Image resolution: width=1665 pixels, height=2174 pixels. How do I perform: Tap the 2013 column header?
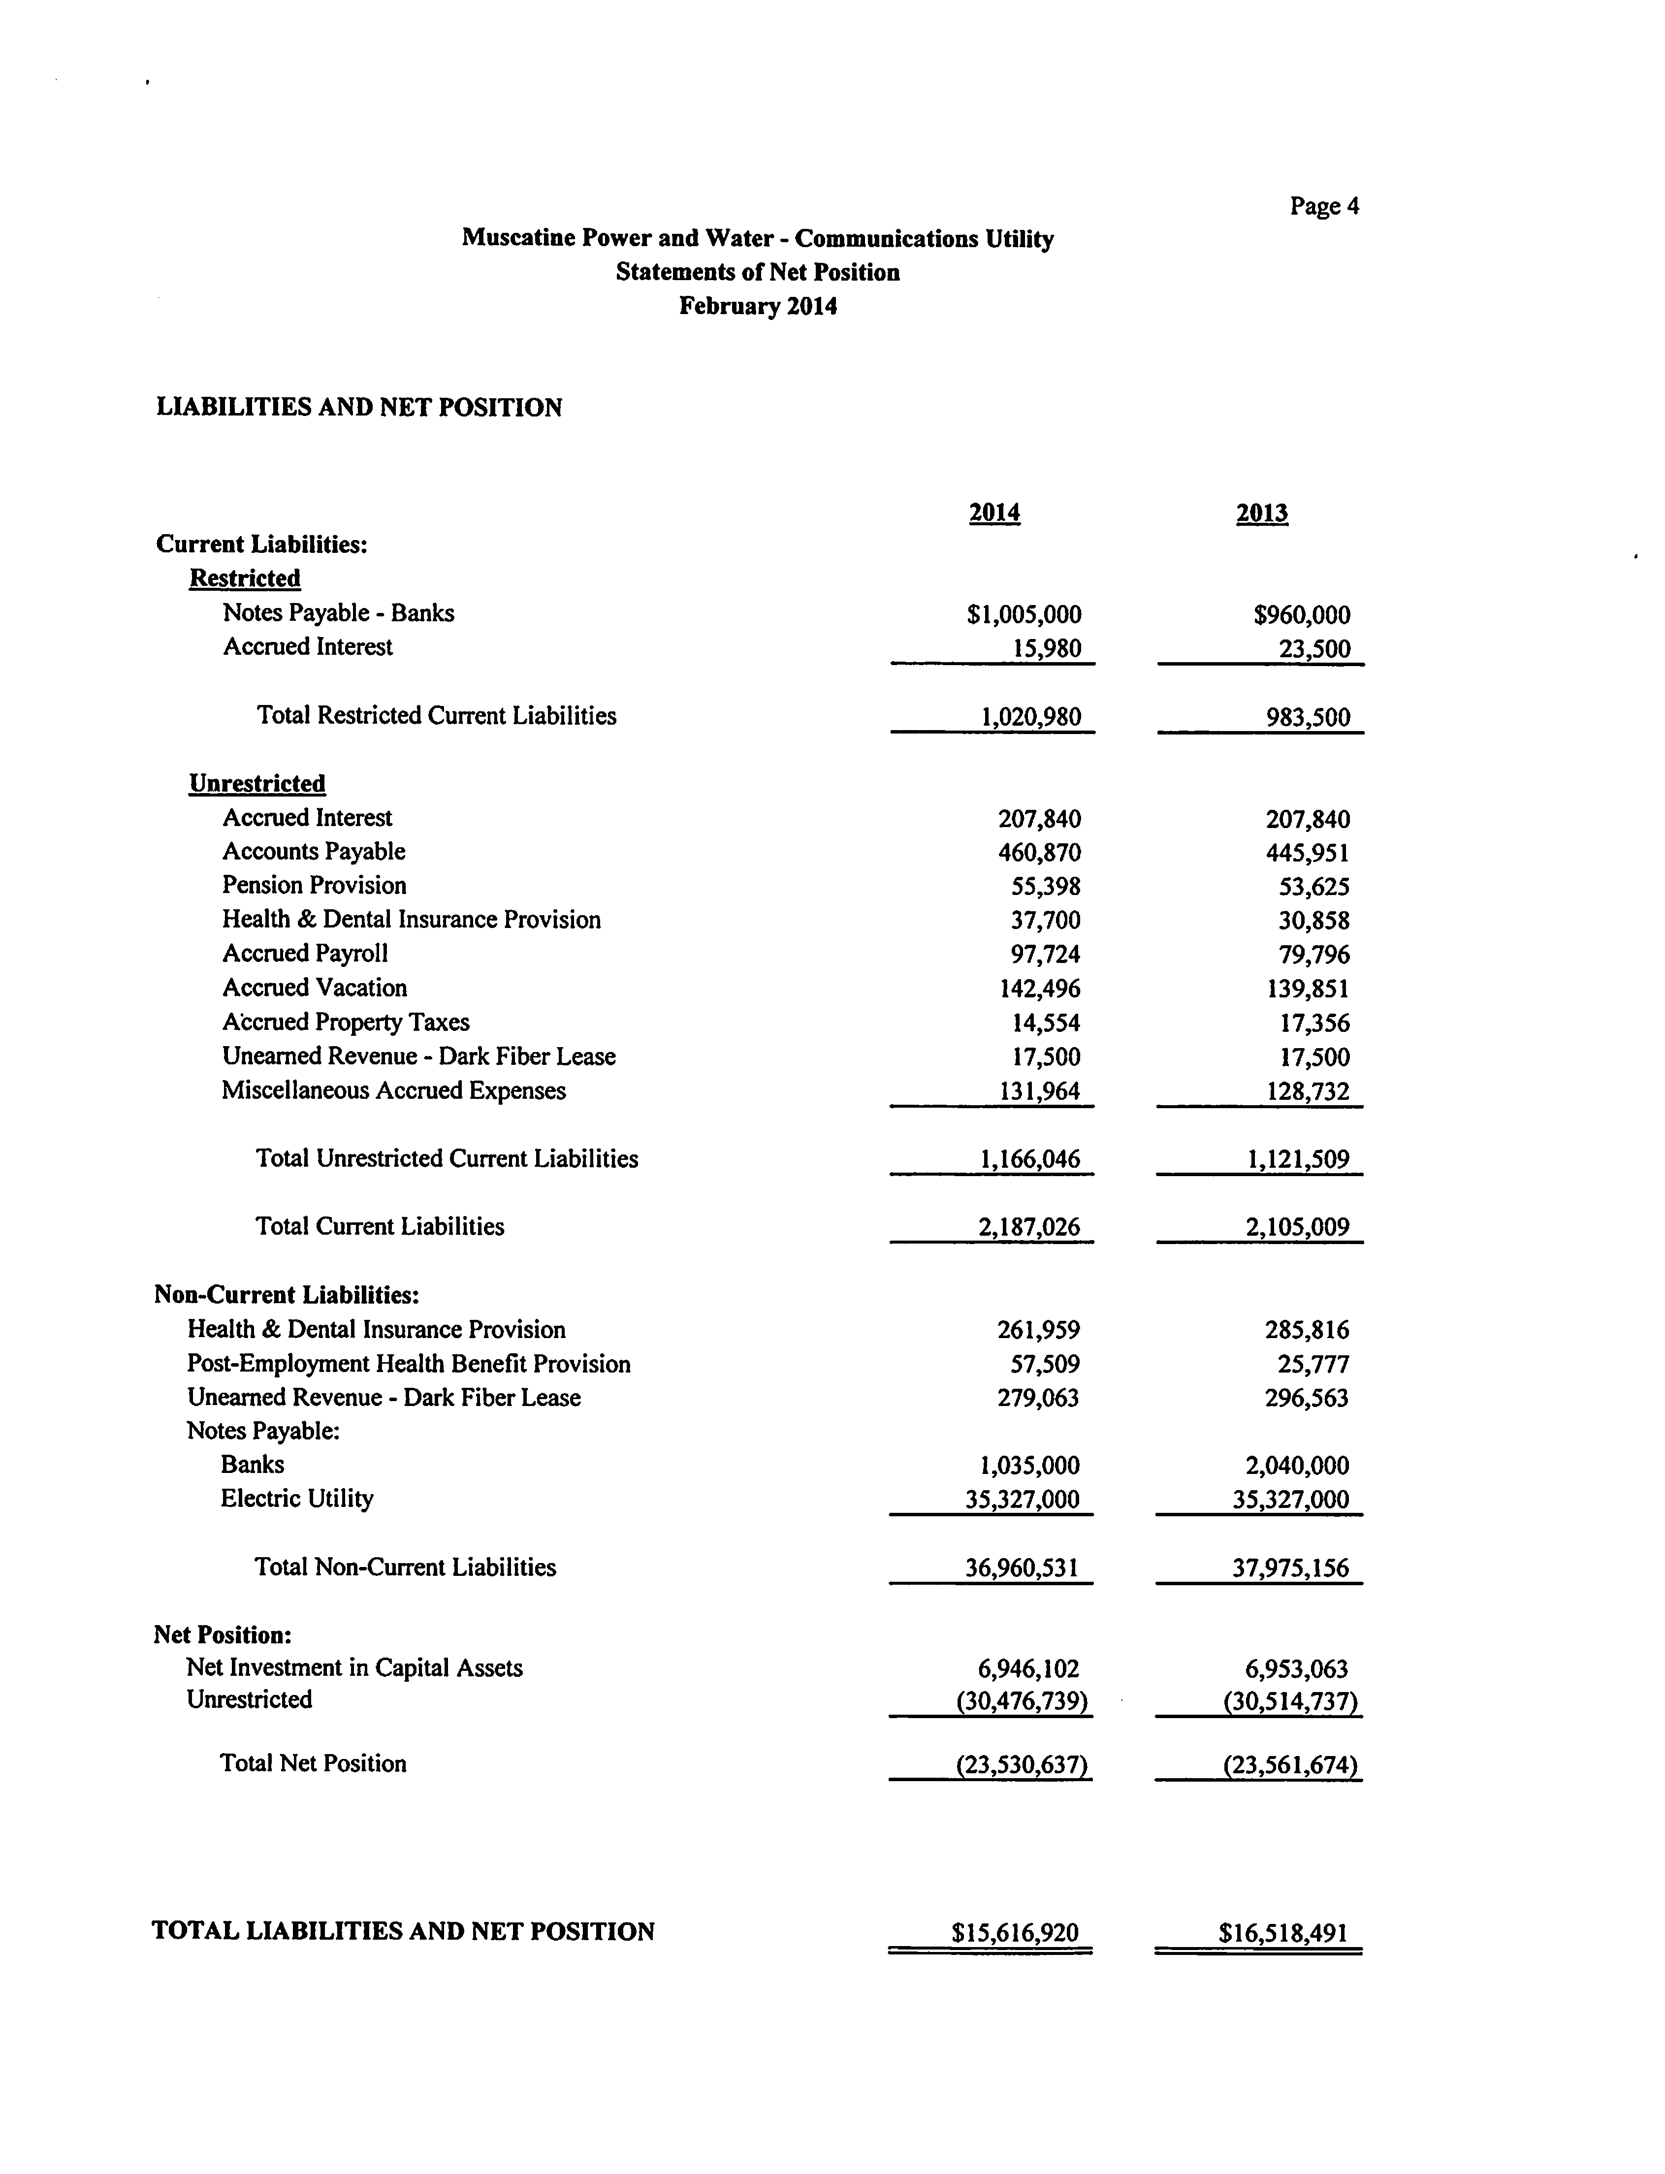(x=1262, y=513)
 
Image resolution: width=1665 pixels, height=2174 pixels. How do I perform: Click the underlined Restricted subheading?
(x=245, y=577)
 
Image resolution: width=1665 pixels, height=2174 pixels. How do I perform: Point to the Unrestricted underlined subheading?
(x=256, y=784)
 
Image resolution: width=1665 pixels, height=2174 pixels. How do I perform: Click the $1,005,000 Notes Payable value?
(x=1024, y=614)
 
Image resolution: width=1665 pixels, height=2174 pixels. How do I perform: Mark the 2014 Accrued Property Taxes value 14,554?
(x=1046, y=1023)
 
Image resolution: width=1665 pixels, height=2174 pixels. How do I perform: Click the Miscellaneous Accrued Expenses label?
(x=393, y=1091)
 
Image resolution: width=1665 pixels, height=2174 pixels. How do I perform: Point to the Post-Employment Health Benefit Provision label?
(x=408, y=1365)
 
